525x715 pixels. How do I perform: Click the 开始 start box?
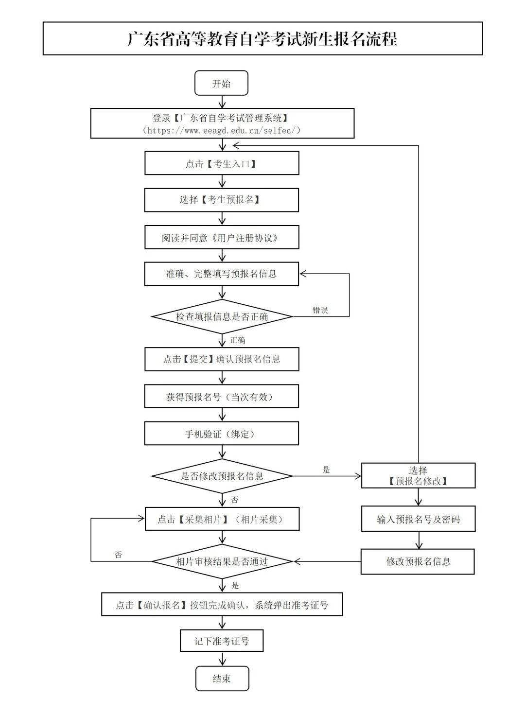coord(222,83)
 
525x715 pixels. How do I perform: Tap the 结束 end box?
coord(222,679)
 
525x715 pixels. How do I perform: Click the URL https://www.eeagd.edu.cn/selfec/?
coord(222,130)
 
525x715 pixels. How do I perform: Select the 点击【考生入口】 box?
coord(222,163)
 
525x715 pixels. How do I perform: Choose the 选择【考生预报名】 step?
coord(222,200)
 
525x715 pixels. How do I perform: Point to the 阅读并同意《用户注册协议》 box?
coord(222,238)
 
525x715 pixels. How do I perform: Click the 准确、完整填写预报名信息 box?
coord(222,274)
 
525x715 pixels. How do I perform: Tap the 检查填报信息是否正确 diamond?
coord(222,317)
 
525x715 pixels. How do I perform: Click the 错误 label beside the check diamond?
coord(320,310)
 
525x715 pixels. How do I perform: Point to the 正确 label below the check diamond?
coord(238,340)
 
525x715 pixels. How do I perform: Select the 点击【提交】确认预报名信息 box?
coord(222,359)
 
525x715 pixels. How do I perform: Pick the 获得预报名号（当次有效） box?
coord(222,397)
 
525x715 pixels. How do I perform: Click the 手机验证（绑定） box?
coord(222,434)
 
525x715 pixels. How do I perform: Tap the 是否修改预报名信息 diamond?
coord(222,476)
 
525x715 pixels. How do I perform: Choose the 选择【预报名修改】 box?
coord(418,475)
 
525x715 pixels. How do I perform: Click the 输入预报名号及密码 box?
coord(418,519)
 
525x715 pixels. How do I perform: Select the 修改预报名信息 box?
coord(418,561)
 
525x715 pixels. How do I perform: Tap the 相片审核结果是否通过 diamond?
coord(222,561)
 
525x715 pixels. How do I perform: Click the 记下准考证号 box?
coord(222,641)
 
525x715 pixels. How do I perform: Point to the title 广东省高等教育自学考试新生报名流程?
coord(262,39)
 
